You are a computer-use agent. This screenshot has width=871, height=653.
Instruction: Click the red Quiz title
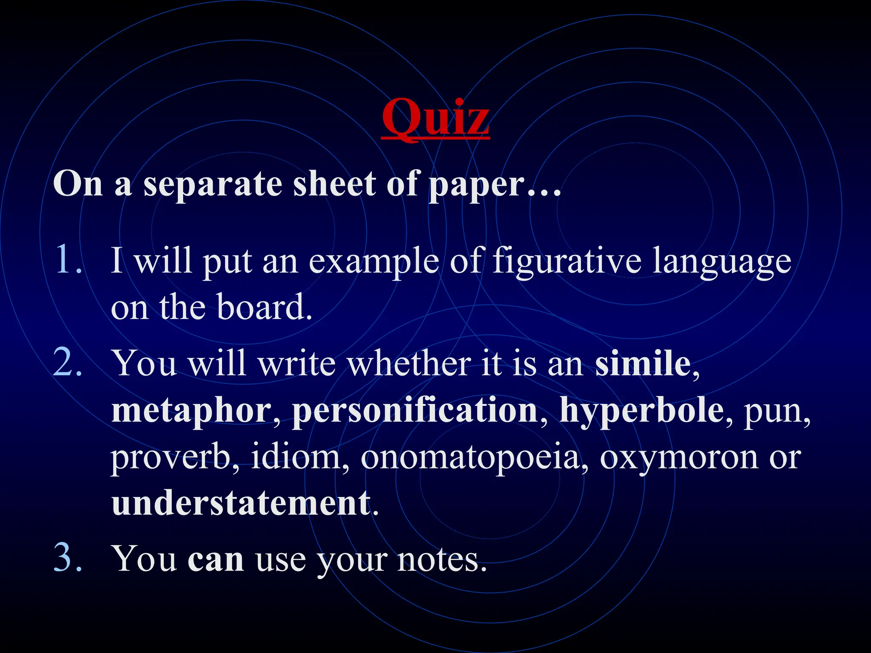(x=435, y=117)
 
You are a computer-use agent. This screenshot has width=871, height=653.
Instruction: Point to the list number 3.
(x=68, y=558)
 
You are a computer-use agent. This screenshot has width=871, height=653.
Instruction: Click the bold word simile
(x=643, y=363)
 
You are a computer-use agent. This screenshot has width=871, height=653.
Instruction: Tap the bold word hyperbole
(x=642, y=411)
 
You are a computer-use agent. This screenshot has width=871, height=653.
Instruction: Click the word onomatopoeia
(x=470, y=458)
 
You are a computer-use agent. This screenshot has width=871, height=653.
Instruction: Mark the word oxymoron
(x=679, y=458)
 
